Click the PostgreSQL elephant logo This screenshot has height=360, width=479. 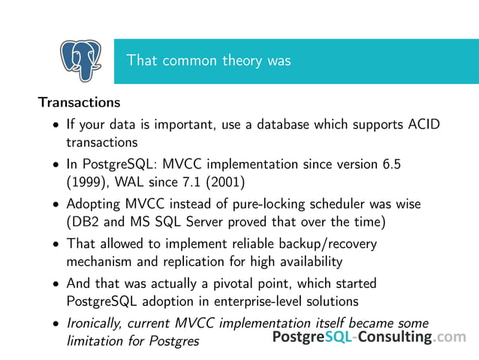[x=80, y=61]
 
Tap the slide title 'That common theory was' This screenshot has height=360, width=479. [x=208, y=61]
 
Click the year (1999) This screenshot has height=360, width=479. [x=87, y=181]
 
